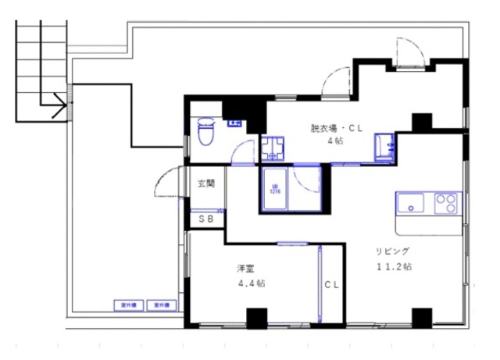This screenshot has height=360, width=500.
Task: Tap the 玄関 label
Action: [x=206, y=185]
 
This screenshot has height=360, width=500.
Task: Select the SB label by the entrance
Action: [x=206, y=219]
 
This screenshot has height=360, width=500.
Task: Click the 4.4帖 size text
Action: [x=251, y=283]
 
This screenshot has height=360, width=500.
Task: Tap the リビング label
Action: [x=392, y=251]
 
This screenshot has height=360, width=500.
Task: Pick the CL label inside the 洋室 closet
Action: [x=332, y=285]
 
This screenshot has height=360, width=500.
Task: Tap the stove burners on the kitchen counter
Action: [x=446, y=204]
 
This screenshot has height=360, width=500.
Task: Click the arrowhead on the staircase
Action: [x=59, y=102]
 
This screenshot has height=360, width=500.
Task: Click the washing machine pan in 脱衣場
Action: [x=273, y=148]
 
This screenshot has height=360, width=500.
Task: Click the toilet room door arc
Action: [x=245, y=151]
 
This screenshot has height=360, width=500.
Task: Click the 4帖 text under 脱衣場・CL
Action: [x=334, y=141]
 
